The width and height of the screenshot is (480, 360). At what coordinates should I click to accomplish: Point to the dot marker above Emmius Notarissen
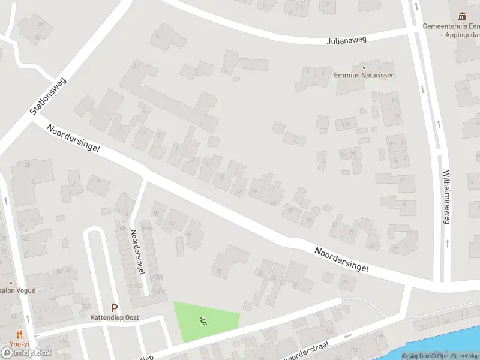tap(364, 67)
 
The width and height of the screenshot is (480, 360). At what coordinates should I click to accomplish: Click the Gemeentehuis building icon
tap(462, 16)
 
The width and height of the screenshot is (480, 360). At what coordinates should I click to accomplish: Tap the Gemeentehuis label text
tap(451, 26)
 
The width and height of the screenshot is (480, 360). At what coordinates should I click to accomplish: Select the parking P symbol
tap(114, 308)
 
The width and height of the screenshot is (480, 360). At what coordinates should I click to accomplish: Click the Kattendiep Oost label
tap(115, 317)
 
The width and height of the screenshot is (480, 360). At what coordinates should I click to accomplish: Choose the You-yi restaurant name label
tap(19, 344)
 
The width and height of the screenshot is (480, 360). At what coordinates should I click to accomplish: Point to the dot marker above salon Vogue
tap(10, 283)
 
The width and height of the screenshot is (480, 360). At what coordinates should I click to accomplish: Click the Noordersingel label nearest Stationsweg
tap(75, 139)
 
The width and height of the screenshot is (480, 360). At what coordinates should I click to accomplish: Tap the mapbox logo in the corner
tap(25, 352)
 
